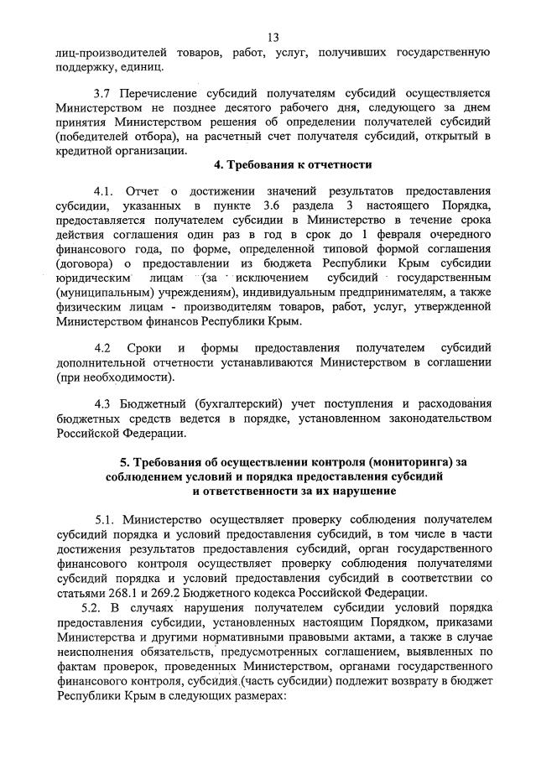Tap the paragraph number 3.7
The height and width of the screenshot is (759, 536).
103,93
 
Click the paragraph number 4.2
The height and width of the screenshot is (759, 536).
104,347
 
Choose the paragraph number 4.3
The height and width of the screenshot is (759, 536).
104,403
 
